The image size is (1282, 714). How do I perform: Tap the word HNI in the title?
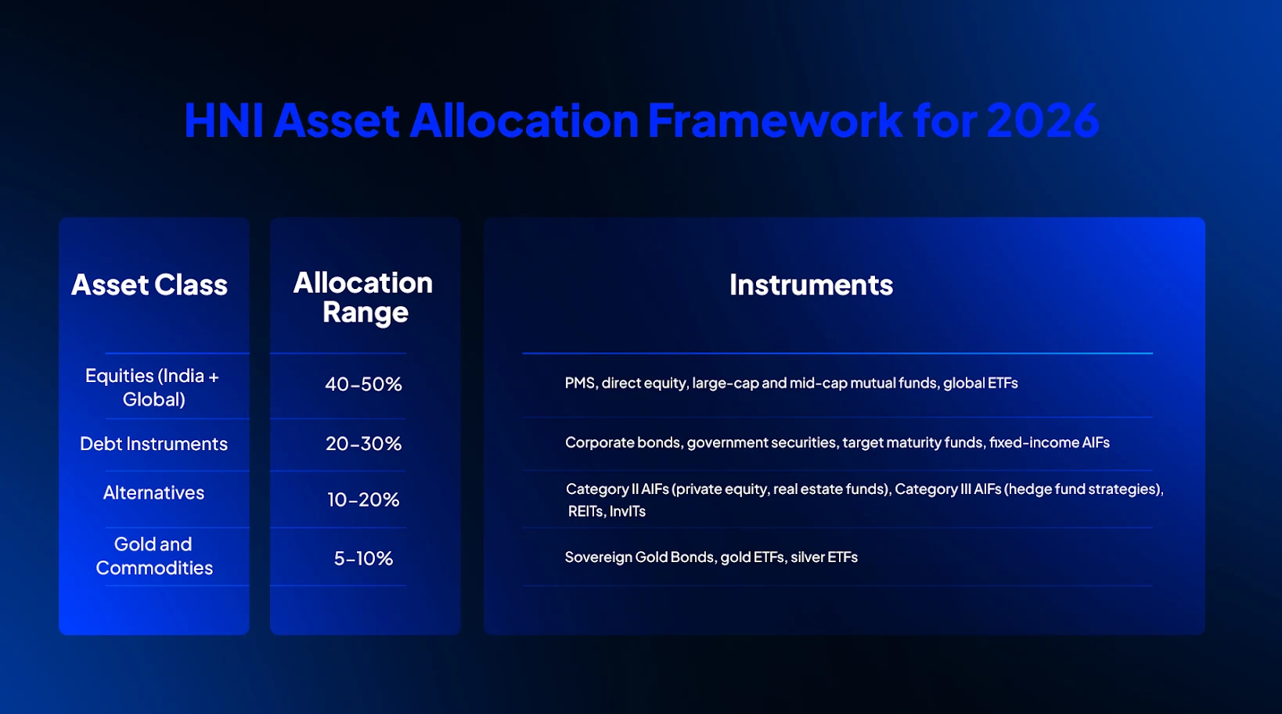pos(223,121)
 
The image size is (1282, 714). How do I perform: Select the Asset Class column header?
pos(149,285)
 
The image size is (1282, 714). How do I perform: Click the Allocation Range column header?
pos(364,297)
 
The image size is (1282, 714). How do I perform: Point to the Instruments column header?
pos(811,285)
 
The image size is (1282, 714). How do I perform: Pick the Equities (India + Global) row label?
pos(153,387)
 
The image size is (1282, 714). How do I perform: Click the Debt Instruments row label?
pos(153,444)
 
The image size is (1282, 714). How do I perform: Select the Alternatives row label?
pos(153,492)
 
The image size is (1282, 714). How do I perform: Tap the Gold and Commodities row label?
pos(153,556)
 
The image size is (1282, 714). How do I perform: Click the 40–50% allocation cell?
pos(363,384)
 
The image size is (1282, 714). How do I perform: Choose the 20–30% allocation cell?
pos(363,444)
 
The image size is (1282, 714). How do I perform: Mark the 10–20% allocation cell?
pos(363,499)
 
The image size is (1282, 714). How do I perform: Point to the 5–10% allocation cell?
pos(363,558)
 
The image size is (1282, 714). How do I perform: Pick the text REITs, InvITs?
pos(607,511)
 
